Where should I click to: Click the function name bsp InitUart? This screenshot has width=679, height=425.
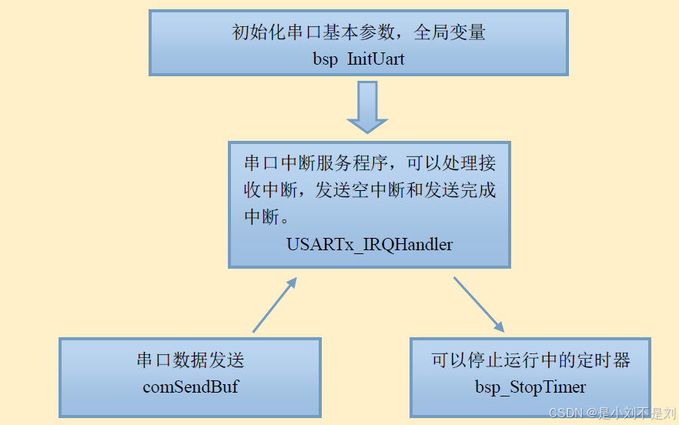359,59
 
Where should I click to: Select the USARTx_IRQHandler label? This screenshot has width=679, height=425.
370,245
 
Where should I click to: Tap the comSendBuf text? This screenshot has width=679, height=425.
190,387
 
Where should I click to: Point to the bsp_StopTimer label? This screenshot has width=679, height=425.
530,387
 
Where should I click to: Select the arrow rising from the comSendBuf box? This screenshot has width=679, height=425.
274,305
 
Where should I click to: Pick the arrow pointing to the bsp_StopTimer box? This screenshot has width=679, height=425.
478,305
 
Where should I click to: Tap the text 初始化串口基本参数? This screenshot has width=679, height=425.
316,33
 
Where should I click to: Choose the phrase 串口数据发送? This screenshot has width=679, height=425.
190,360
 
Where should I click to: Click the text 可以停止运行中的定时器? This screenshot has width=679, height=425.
530,360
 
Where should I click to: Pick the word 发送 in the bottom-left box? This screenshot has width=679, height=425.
226,360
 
